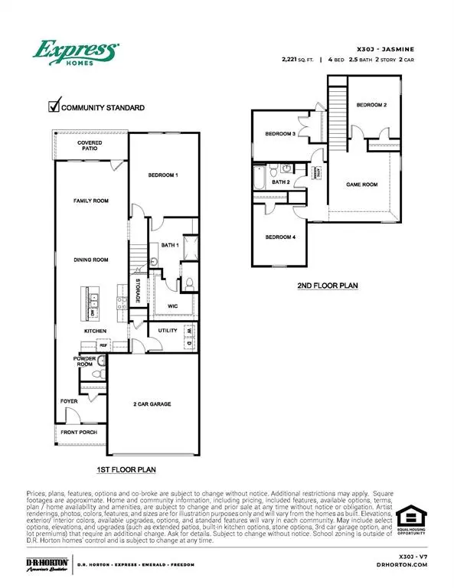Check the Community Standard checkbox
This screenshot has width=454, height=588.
(x=54, y=107)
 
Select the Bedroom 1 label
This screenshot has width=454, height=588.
(x=163, y=175)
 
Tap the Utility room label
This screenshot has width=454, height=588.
(x=168, y=331)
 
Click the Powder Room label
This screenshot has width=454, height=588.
(x=83, y=361)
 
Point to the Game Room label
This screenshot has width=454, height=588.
(x=361, y=185)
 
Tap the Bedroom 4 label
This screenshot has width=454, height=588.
(x=280, y=237)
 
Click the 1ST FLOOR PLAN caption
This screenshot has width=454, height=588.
(x=126, y=468)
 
